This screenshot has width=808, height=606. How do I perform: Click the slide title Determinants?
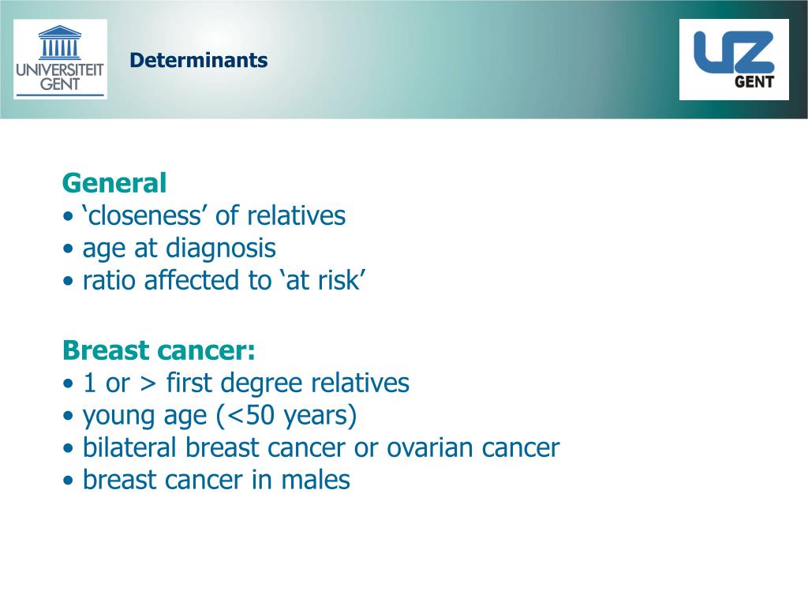[199, 61]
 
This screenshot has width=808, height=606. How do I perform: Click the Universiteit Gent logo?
[60, 60]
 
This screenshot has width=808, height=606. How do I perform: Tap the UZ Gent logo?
[734, 60]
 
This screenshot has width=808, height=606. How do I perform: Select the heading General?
[114, 184]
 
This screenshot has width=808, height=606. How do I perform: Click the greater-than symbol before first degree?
[148, 384]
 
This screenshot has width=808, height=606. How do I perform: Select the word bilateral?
[131, 448]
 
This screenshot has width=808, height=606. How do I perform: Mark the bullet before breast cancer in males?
[69, 481]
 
